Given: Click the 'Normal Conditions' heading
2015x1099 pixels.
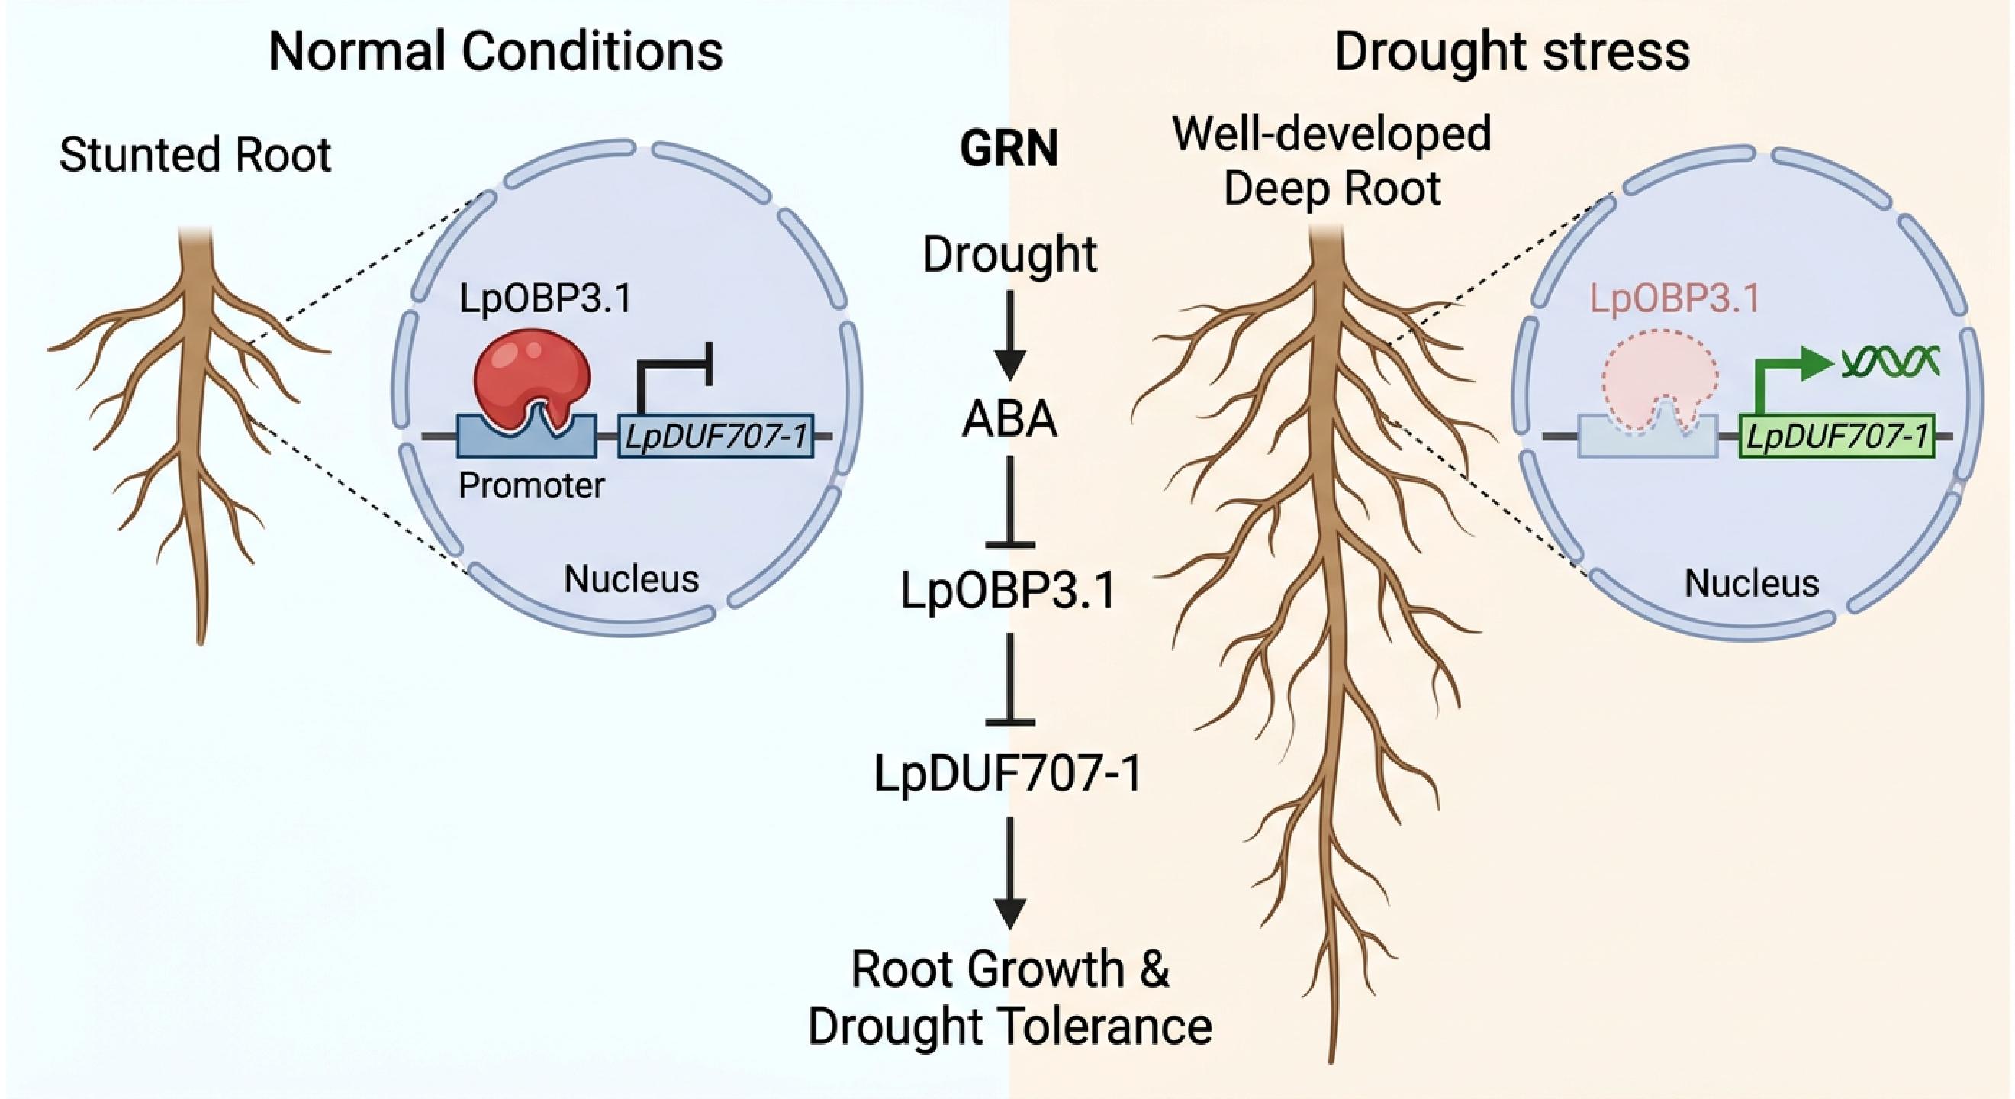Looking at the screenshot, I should pos(495,52).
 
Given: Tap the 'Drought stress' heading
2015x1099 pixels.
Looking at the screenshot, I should pos(1511,52).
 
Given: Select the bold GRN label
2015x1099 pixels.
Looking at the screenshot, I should pos(1009,148).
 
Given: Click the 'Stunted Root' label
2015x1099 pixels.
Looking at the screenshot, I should pos(195,154).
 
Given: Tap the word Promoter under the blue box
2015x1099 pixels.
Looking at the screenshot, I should pos(531,485).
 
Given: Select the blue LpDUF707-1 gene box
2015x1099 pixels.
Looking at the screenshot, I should pos(716,436).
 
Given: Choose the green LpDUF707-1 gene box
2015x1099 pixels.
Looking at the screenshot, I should pos(1836,436).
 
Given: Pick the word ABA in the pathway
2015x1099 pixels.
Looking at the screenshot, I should pos(1009,419).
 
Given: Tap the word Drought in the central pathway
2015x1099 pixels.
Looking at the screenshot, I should pos(1009,254).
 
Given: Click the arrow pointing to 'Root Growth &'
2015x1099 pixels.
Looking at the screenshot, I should pos(1010,872).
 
